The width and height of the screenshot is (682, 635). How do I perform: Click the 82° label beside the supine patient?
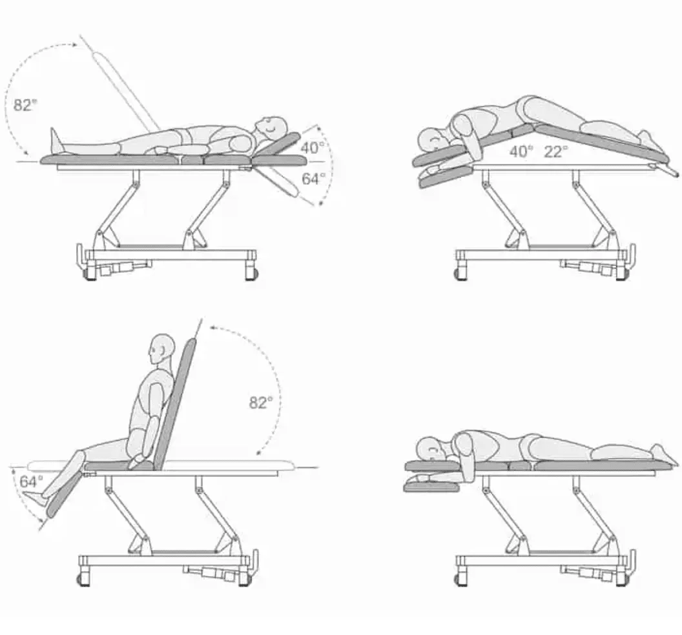25,105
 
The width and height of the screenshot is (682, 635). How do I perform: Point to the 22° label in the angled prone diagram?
556,151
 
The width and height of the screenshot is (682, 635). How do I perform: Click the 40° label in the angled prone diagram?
521,151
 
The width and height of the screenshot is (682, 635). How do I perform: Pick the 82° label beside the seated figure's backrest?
261,403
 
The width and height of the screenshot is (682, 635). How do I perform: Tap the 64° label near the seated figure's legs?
31,481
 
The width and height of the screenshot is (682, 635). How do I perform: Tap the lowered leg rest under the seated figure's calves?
65,496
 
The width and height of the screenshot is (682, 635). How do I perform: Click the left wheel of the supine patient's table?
90,274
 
